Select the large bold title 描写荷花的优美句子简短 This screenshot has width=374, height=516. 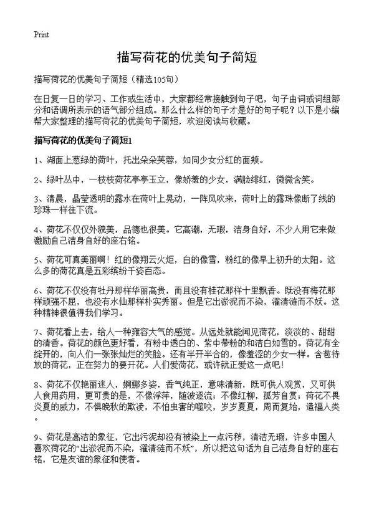[187, 57]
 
